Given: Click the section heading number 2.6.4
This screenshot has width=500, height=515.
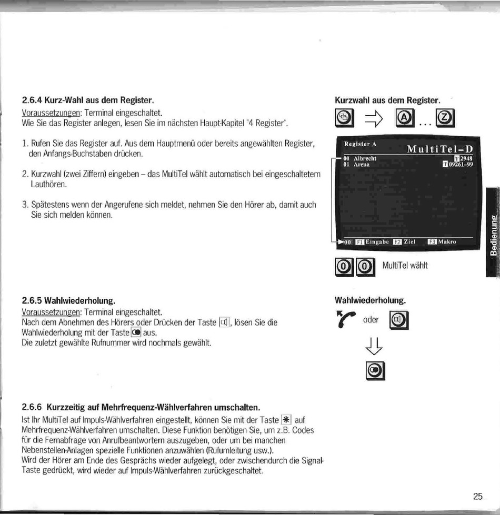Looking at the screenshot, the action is pos(32,99).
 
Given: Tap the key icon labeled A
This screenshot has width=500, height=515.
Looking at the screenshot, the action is pos(405,118).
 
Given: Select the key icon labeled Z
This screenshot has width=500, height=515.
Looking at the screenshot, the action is pos(445,118).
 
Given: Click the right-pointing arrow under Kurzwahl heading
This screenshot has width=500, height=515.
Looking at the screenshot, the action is pos(374,118).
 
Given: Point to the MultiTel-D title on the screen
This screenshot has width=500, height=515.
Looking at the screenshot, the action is pos(440,149).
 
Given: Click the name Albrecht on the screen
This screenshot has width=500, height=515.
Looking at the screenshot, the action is pos(365,159).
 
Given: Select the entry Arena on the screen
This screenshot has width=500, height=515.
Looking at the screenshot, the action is pos(362,165).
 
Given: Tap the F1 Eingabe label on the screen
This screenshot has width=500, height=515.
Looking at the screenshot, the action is pos(372,242).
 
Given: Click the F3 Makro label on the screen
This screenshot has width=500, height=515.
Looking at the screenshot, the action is pos(442,242).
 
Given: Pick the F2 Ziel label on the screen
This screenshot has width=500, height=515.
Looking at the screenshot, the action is pos(404,242).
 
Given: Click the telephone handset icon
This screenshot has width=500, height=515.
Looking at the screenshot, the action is pos(346,319).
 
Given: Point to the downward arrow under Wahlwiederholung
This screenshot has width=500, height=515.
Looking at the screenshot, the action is pos(374,346).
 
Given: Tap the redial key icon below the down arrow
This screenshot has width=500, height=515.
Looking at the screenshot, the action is pos(375,371).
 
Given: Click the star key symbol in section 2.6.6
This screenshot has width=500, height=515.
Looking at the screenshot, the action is pos(286,420).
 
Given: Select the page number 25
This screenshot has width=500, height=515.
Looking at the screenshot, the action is pos(478,496).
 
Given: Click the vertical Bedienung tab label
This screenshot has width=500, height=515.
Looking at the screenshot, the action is pos(493,235).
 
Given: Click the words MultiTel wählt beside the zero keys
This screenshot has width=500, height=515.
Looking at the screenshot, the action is pos(405,265).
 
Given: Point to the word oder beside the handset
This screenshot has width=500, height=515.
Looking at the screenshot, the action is pos(371,320).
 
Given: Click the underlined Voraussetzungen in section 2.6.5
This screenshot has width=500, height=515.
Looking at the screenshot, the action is pos(51,312).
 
